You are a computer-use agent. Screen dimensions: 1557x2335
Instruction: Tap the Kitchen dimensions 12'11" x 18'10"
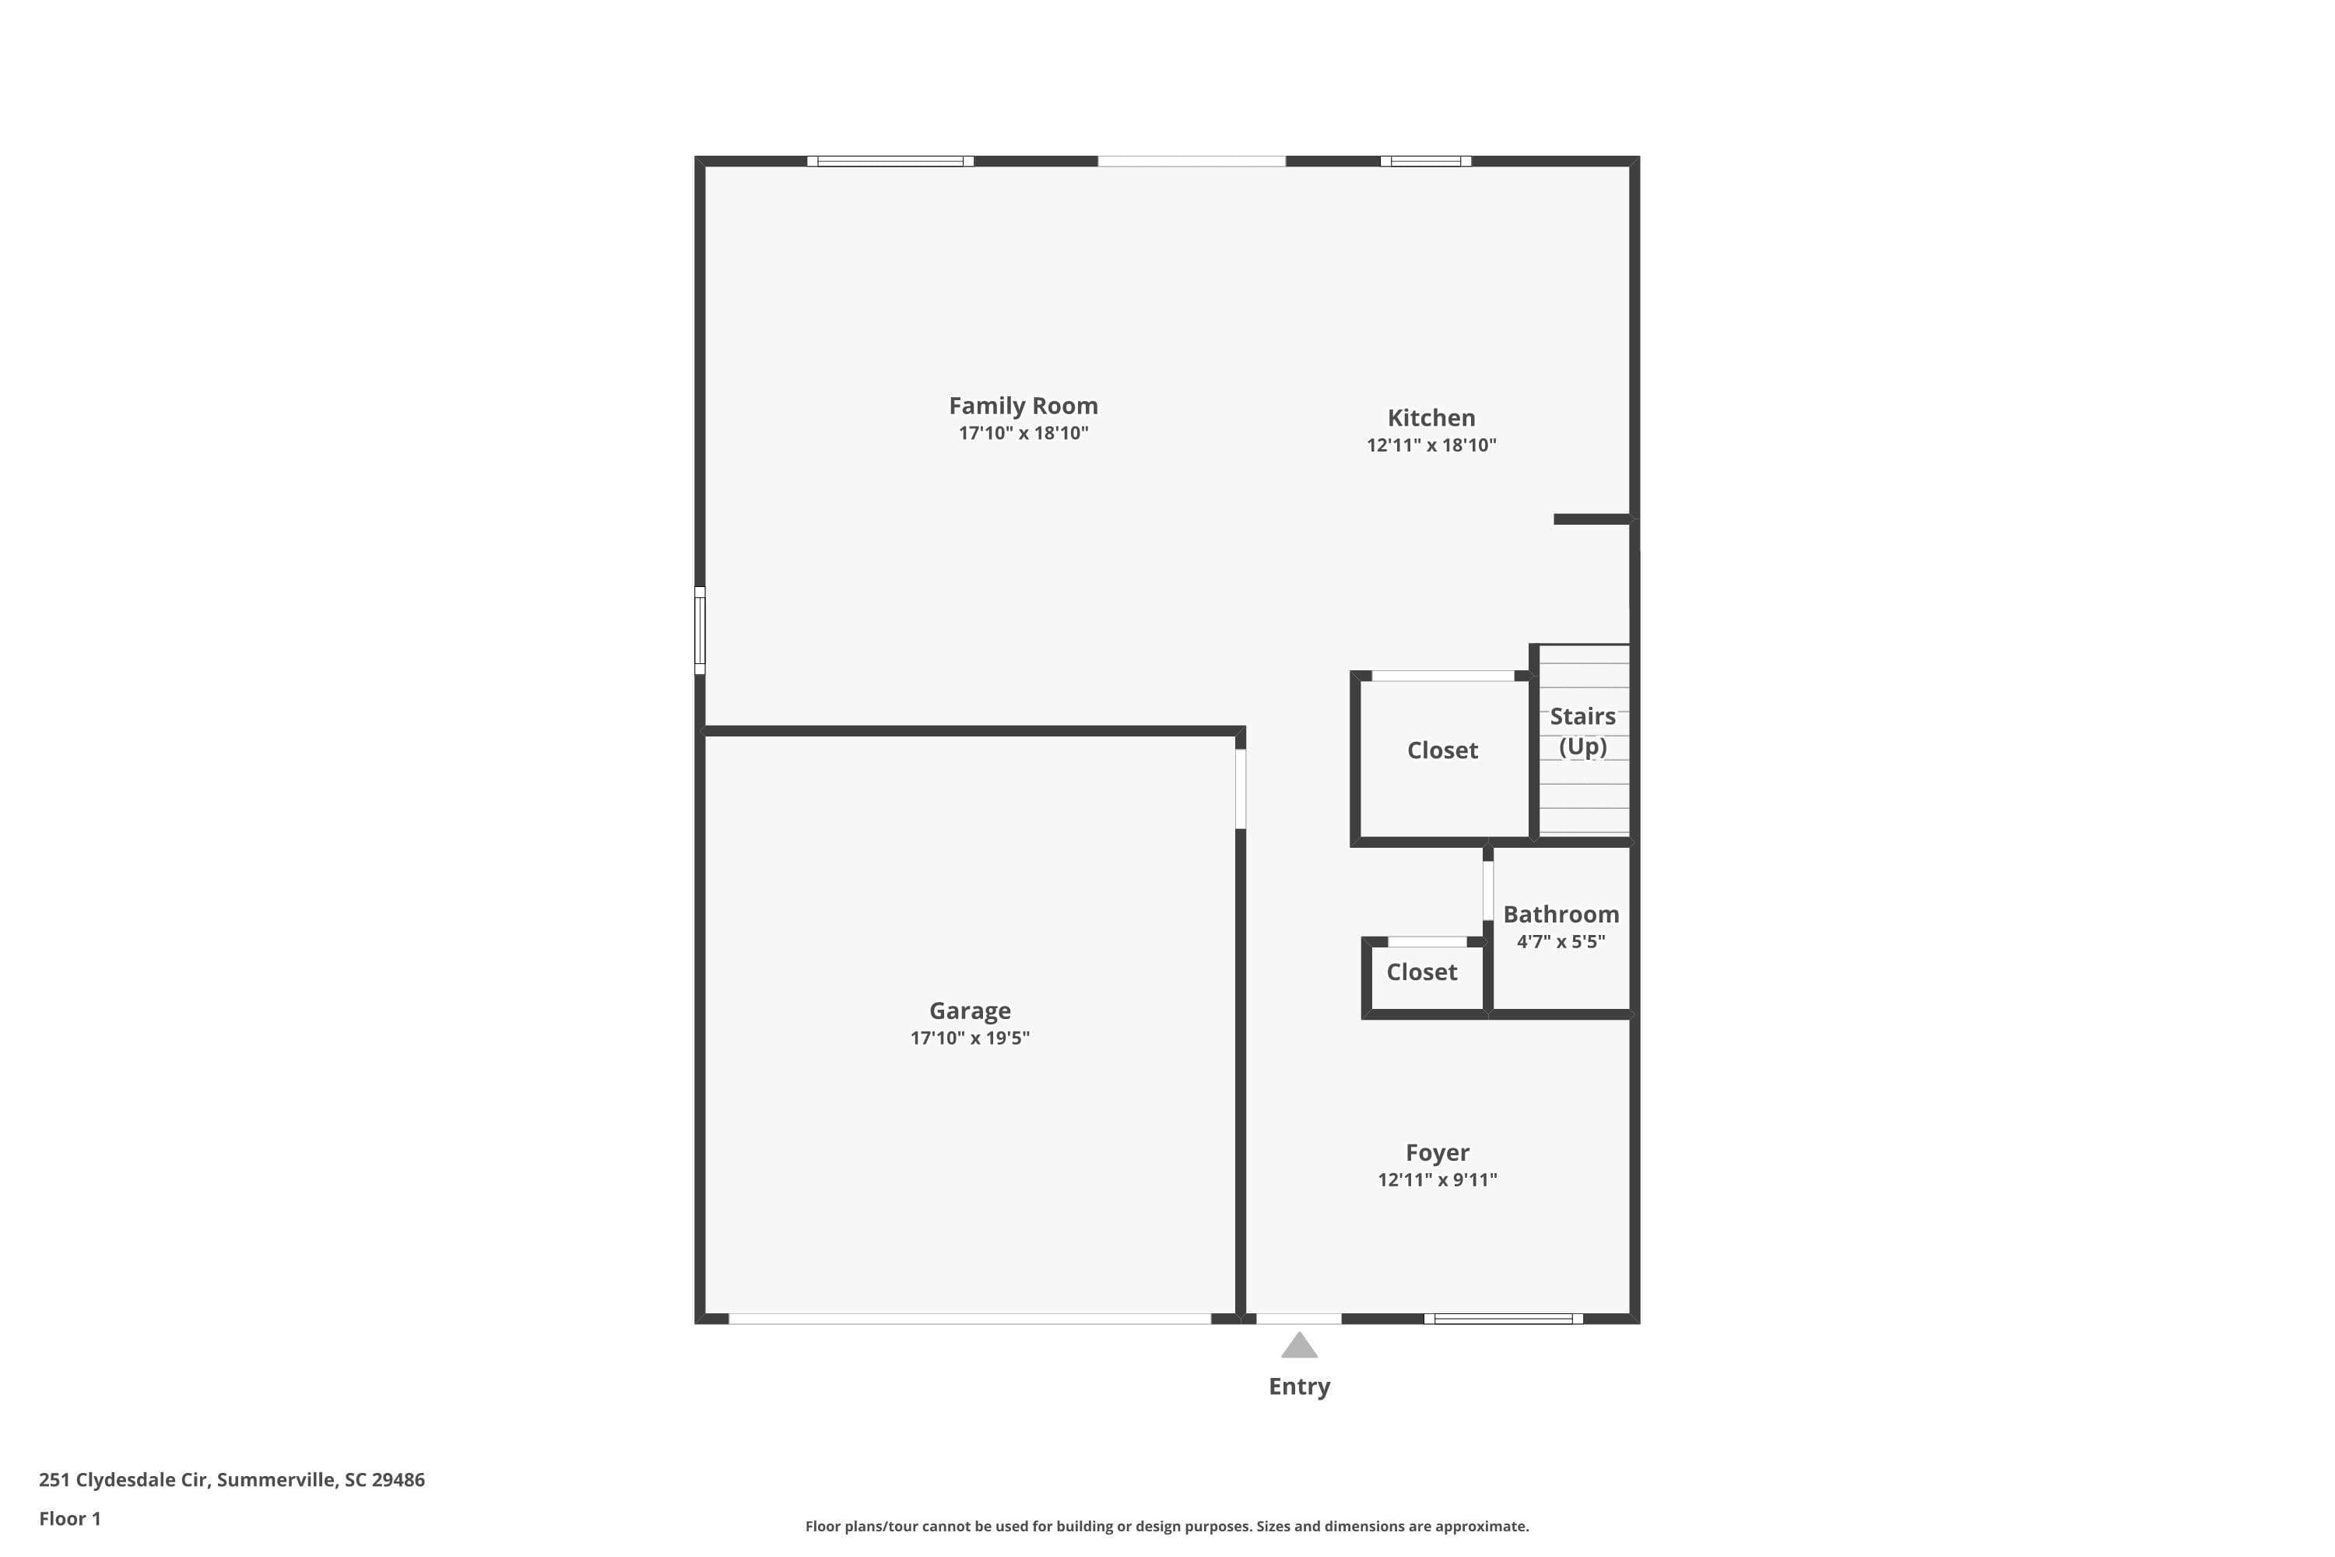[x=1431, y=445]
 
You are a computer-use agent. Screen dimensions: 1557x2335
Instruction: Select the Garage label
[x=969, y=1010]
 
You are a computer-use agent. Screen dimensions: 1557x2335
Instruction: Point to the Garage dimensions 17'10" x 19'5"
[x=969, y=1038]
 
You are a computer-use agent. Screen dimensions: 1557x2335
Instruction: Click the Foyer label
[x=1437, y=1152]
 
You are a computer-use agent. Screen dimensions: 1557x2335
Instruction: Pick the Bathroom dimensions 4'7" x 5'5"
[x=1560, y=941]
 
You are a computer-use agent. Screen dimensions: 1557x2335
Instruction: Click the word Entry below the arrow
[x=1298, y=1387]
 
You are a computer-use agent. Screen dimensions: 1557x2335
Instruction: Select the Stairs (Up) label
[x=1582, y=731]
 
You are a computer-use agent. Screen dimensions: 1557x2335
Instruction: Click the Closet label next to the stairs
[x=1441, y=750]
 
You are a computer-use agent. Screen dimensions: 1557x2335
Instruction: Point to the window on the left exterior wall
[x=699, y=630]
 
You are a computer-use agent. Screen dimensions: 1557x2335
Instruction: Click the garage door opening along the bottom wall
[x=969, y=1319]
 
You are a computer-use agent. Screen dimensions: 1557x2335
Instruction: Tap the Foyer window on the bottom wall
[x=1503, y=1319]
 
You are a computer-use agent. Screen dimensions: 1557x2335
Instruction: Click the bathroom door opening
[x=1487, y=890]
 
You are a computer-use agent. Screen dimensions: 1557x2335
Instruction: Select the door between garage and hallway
[x=1240, y=789]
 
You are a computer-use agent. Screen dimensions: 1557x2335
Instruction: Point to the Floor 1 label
[x=69, y=1518]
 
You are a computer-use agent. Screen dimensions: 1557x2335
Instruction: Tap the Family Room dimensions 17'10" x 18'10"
[x=1023, y=433]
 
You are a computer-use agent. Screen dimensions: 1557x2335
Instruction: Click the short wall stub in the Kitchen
[x=1592, y=519]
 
